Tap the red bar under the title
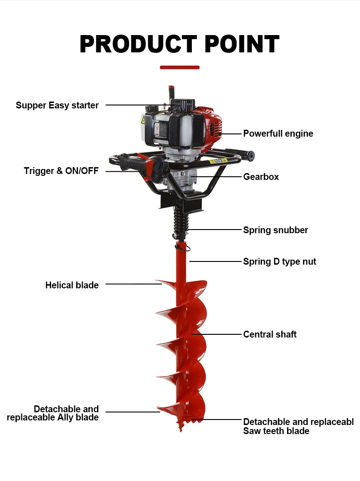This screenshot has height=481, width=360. pos(180,67)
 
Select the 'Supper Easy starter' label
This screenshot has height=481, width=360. pos(57,105)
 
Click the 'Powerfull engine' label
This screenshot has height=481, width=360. pos(278,133)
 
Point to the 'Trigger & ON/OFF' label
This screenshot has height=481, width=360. pos(61,171)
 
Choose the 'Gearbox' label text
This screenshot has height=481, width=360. pos(261,177)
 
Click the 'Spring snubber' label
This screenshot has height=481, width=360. pos(275,230)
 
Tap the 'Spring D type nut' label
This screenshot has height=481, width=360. pos(279,261)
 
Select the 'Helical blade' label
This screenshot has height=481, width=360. pos(72,285)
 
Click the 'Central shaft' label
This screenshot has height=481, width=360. pos(270,334)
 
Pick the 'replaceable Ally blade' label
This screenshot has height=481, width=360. pos(53,417)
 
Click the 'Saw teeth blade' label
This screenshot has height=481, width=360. pos(276,431)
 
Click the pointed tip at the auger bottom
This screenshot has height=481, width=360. pos(181,429)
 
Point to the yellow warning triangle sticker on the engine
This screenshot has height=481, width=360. pos(143,120)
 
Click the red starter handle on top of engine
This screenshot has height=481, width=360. pos(171,87)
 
